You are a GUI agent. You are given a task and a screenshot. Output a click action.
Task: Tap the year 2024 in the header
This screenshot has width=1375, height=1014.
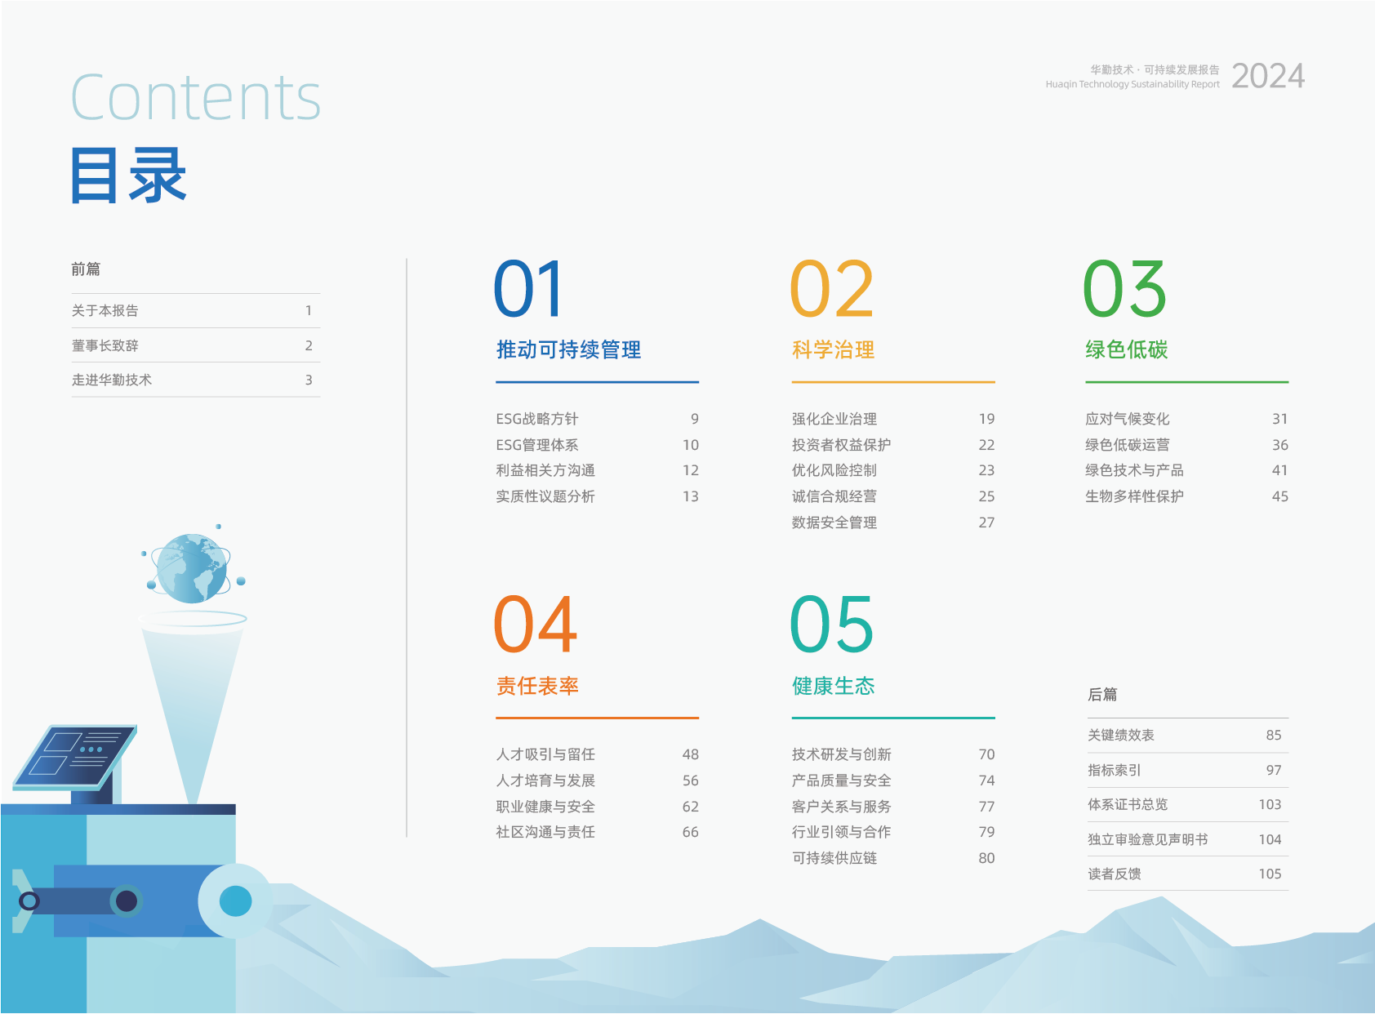(x=1267, y=76)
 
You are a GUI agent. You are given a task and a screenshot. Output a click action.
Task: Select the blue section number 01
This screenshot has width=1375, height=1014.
(x=528, y=288)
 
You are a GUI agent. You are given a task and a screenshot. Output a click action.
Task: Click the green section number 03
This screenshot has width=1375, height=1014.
(x=1124, y=288)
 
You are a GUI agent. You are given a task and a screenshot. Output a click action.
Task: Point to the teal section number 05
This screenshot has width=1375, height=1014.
(x=831, y=625)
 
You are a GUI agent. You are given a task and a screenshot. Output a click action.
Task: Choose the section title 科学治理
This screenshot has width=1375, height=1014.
(x=833, y=350)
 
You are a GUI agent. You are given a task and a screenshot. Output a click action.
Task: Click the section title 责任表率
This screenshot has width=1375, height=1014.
(x=537, y=686)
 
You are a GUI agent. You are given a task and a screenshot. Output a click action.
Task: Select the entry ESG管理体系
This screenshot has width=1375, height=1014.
(x=537, y=445)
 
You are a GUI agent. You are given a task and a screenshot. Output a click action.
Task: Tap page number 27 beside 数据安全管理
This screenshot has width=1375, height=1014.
(x=986, y=523)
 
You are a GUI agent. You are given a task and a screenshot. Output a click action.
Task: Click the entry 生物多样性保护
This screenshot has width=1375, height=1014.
(x=1134, y=496)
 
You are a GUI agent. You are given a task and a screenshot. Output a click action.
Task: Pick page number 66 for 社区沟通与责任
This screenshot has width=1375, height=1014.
(x=691, y=832)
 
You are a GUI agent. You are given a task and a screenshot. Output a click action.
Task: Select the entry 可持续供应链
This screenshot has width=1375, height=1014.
(x=834, y=858)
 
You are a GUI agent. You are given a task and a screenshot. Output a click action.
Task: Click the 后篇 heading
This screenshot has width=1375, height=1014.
(x=1102, y=694)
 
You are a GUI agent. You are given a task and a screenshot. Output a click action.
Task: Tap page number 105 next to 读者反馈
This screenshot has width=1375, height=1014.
(x=1270, y=874)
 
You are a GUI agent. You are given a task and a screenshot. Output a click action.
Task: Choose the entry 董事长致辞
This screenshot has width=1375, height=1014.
(x=105, y=345)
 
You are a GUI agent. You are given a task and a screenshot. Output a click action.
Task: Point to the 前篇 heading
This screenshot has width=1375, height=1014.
(x=85, y=269)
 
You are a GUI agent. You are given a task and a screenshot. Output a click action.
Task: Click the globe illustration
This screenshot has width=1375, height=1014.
(x=192, y=568)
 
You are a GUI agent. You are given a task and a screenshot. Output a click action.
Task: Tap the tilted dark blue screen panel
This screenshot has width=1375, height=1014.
(x=75, y=758)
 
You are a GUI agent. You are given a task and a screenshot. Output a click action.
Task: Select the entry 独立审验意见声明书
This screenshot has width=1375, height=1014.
(x=1148, y=839)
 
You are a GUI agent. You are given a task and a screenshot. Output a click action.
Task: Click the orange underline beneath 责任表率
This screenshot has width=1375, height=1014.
(x=597, y=718)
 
